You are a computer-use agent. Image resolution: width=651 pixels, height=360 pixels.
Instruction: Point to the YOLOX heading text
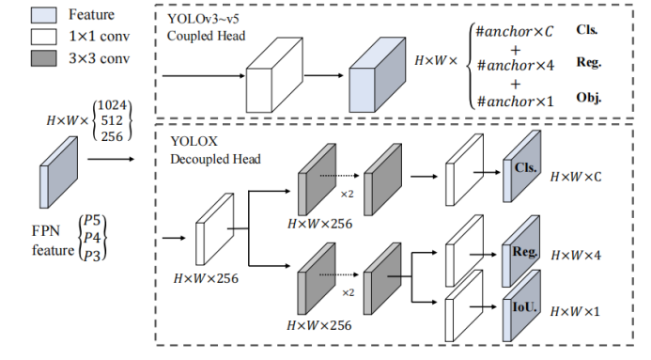(194, 142)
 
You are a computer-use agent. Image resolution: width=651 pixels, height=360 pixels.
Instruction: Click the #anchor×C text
(515, 31)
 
